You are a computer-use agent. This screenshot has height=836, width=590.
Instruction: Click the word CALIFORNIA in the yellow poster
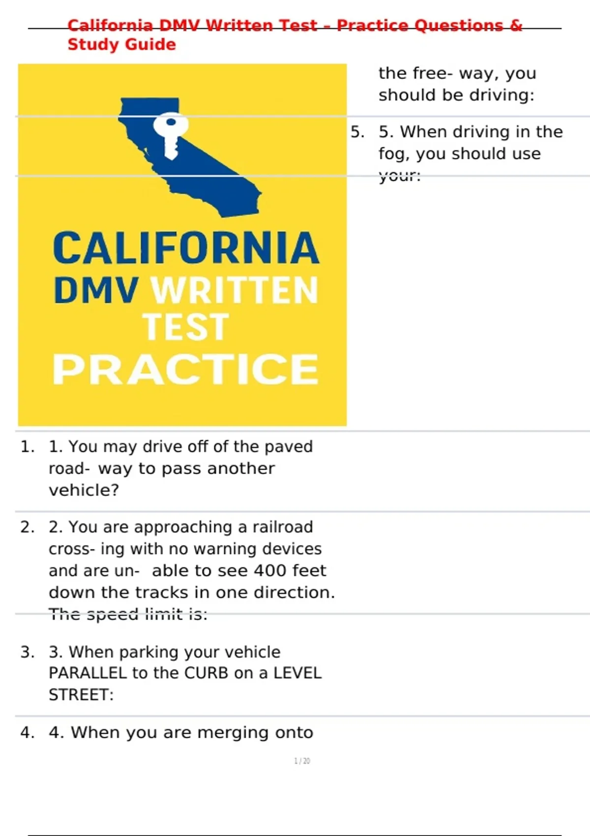click(186, 247)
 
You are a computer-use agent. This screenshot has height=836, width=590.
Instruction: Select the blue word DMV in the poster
click(96, 290)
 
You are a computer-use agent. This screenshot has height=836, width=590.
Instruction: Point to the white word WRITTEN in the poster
click(234, 290)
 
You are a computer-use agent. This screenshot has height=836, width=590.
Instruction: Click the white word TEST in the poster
click(186, 327)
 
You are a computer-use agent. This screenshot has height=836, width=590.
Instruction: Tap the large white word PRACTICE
click(185, 369)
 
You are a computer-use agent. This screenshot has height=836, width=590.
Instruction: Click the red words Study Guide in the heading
click(121, 44)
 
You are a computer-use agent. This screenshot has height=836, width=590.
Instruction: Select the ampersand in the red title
click(515, 26)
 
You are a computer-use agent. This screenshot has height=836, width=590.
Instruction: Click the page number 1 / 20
click(302, 761)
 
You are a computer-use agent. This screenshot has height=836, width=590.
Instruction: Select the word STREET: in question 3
click(81, 694)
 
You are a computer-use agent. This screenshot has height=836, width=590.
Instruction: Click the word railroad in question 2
click(283, 527)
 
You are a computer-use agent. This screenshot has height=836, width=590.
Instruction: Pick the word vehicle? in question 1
click(84, 490)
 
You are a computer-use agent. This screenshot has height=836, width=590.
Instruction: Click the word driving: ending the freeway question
click(501, 95)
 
